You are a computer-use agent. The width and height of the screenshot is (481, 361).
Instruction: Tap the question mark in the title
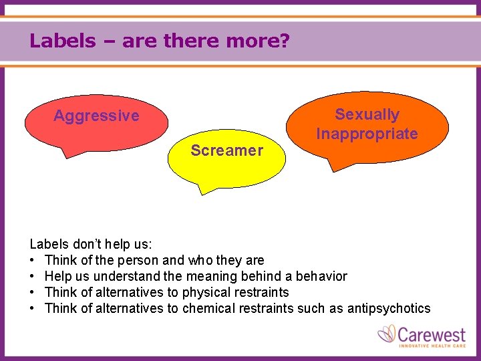tap(285, 41)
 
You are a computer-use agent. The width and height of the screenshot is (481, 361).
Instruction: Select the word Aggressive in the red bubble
tap(96, 116)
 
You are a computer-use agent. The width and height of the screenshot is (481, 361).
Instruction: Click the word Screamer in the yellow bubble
tap(226, 150)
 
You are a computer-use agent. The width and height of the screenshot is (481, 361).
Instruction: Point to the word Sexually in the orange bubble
tap(367, 115)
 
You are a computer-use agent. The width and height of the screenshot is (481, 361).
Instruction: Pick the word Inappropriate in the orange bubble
tap(367, 134)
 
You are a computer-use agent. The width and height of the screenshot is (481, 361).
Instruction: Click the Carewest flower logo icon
tap(387, 334)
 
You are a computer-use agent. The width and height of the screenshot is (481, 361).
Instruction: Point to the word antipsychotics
tap(389, 308)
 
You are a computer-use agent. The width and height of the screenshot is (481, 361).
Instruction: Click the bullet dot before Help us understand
tap(33, 276)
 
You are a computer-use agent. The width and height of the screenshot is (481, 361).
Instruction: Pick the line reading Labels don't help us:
tap(91, 244)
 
